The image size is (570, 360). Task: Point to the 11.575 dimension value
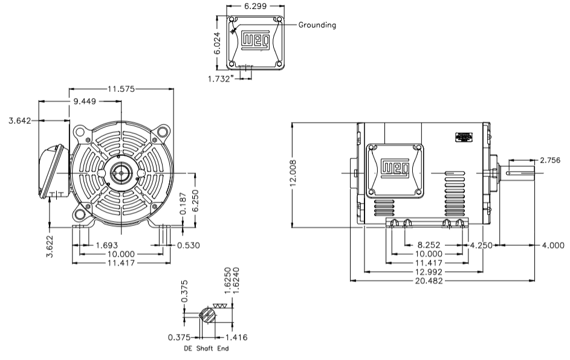point(122,89)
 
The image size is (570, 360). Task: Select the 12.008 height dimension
point(294,175)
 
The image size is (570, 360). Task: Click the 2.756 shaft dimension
point(549,161)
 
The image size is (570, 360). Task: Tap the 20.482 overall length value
point(444,281)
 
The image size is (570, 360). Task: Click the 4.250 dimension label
point(482,245)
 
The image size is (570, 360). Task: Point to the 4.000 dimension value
point(551,245)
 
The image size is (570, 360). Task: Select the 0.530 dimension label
point(187,245)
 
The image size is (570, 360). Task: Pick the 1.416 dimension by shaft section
point(235,337)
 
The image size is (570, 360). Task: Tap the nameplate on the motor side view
point(464,137)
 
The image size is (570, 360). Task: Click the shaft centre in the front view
point(122,174)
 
